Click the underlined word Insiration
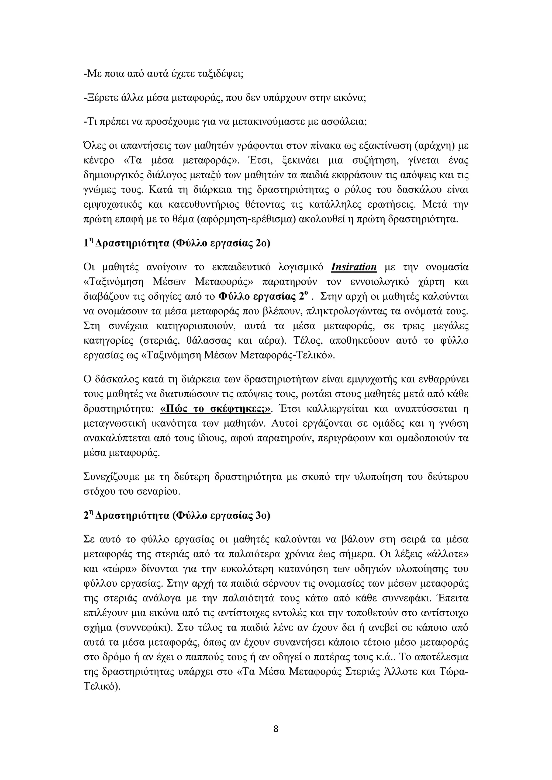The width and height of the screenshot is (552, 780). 354,267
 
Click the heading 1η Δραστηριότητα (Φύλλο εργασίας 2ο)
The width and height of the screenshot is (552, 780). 177,243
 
